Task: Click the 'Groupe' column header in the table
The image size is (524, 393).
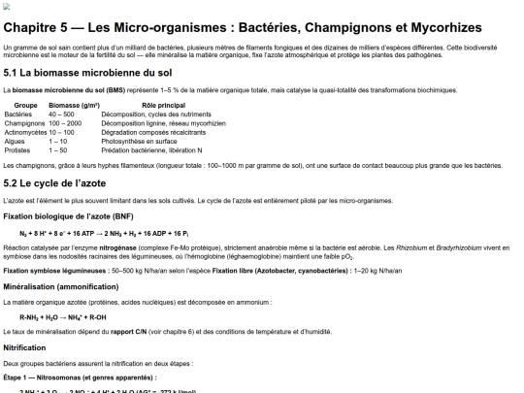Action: tap(26, 105)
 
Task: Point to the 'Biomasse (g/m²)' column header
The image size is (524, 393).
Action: tap(75, 105)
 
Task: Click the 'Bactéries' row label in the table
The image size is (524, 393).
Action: tap(19, 115)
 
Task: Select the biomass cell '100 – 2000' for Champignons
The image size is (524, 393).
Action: tap(65, 123)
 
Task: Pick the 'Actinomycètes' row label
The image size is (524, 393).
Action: tap(26, 132)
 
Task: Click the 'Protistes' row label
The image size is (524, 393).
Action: tap(18, 150)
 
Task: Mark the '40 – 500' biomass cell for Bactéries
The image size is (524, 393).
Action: tap(61, 115)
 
